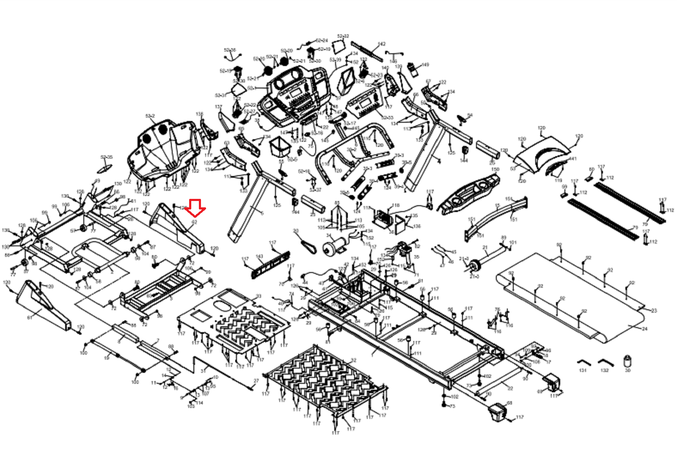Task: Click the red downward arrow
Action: [195, 208]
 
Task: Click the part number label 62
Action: [194, 221]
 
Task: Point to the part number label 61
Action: [30, 317]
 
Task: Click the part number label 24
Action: [644, 329]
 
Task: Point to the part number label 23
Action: [654, 311]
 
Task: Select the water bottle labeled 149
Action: [413, 68]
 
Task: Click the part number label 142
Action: [382, 44]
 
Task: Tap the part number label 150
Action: [495, 170]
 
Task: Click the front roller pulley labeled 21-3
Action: [476, 267]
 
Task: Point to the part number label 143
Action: [260, 256]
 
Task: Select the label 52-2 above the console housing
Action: [150, 116]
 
